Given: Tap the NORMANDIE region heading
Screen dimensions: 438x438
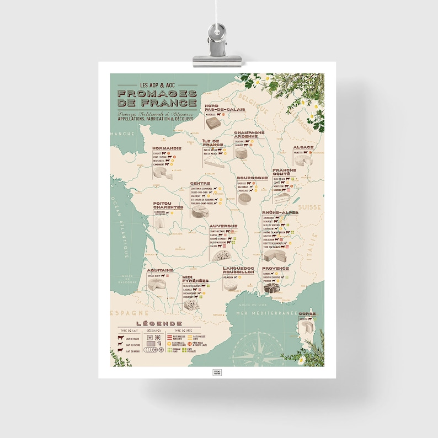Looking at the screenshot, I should tap(167, 148).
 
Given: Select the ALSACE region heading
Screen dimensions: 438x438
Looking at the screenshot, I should tap(303, 147).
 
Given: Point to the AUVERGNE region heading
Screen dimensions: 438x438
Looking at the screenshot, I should tap(223, 226).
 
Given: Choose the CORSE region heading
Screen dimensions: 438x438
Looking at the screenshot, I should tap(308, 313).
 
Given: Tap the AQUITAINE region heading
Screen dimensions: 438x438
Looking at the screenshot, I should tap(161, 270).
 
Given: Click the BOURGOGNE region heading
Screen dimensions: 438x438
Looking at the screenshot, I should tap(252, 178).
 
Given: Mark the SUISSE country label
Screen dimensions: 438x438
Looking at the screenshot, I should tap(306, 207).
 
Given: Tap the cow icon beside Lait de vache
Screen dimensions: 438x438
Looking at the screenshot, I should tap(120, 338).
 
